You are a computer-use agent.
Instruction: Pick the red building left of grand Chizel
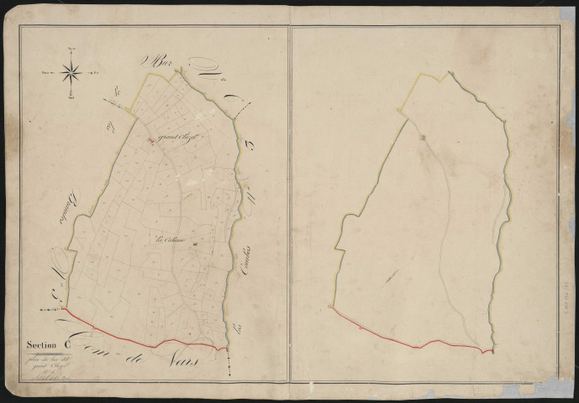click(152, 140)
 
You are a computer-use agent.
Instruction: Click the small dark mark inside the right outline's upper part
click(424, 137)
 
